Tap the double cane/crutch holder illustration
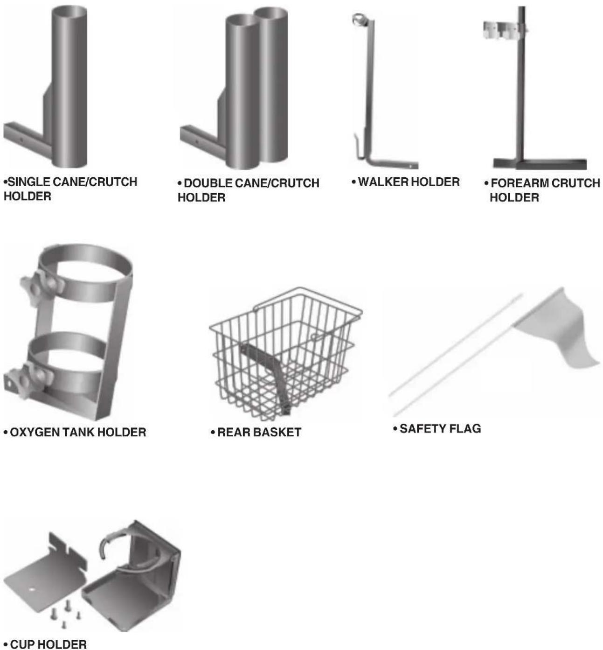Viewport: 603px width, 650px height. click(x=234, y=88)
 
